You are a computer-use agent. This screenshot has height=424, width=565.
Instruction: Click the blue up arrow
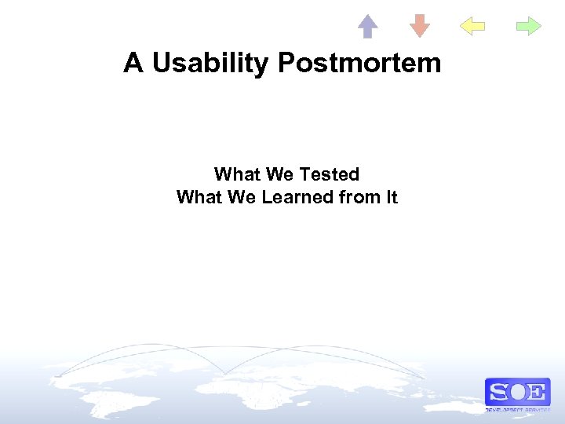coord(367,26)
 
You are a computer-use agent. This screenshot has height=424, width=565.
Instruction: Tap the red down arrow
coord(420,26)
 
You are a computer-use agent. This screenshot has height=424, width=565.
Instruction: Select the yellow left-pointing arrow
coord(472,27)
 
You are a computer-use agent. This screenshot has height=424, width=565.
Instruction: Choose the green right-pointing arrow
coord(528,27)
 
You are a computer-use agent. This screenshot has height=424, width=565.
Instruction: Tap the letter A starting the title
coord(133,63)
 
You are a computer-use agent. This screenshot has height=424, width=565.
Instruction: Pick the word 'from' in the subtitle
coord(356,197)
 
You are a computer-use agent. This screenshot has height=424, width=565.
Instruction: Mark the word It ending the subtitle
coord(390,197)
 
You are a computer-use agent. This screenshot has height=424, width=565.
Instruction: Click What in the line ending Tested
coord(236,174)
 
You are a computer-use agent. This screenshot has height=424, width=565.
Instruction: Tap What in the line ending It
coord(199,197)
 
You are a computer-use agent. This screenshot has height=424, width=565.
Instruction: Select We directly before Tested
coord(276,174)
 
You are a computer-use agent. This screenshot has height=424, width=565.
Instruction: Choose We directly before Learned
coord(241,197)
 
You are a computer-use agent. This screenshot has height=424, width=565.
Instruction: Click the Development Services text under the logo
coord(517,410)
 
